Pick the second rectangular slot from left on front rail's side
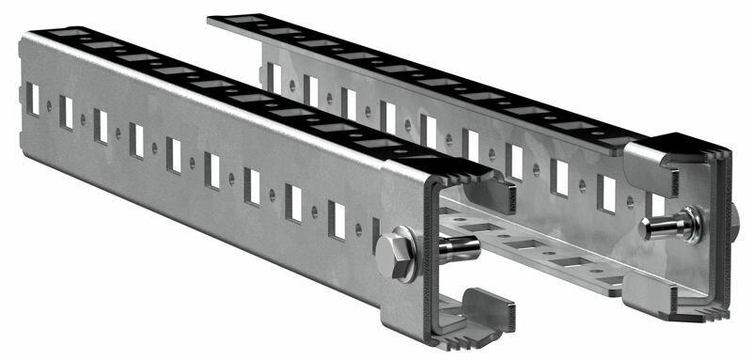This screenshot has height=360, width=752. pos(66,112)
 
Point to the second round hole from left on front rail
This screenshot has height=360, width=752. pos(84,120)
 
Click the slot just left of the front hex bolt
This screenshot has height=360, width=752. pos(337,219)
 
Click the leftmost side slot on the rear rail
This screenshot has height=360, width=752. pos(274,76)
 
